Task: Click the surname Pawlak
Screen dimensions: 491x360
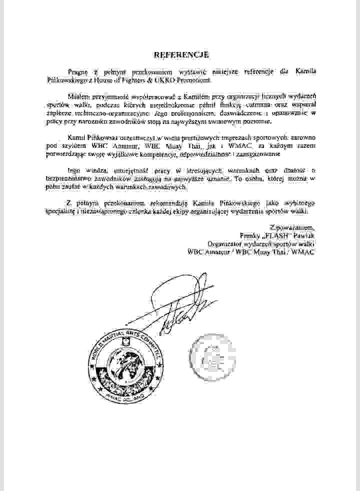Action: (x=304, y=236)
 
